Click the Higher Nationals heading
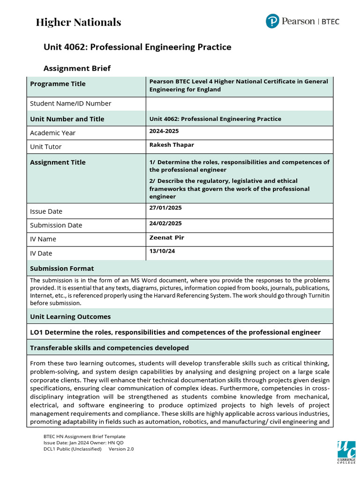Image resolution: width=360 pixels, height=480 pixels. click(78, 22)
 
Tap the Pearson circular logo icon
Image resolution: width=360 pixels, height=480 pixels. click(272, 21)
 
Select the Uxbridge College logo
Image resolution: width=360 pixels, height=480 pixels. click(346, 453)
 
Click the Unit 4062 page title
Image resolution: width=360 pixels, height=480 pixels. click(137, 47)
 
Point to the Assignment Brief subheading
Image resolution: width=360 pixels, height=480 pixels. click(77, 68)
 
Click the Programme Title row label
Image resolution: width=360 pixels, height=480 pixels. click(58, 84)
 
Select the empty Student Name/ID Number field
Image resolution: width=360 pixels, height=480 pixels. click(239, 104)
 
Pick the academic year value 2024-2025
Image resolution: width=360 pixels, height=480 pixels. click(164, 131)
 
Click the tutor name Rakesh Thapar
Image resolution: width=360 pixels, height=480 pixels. click(172, 145)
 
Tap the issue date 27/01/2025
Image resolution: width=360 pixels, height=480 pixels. click(165, 208)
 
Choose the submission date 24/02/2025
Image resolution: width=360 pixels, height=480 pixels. click(165, 224)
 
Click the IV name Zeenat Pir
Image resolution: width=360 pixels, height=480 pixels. click(166, 238)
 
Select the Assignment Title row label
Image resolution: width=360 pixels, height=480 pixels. click(58, 163)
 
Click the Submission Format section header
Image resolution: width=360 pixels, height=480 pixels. click(62, 269)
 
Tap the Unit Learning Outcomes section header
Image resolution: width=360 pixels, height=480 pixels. click(70, 317)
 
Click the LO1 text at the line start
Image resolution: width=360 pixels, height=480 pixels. click(37, 332)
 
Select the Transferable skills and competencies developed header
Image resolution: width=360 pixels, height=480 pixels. click(109, 348)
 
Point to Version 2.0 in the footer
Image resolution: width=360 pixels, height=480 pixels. click(121, 449)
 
